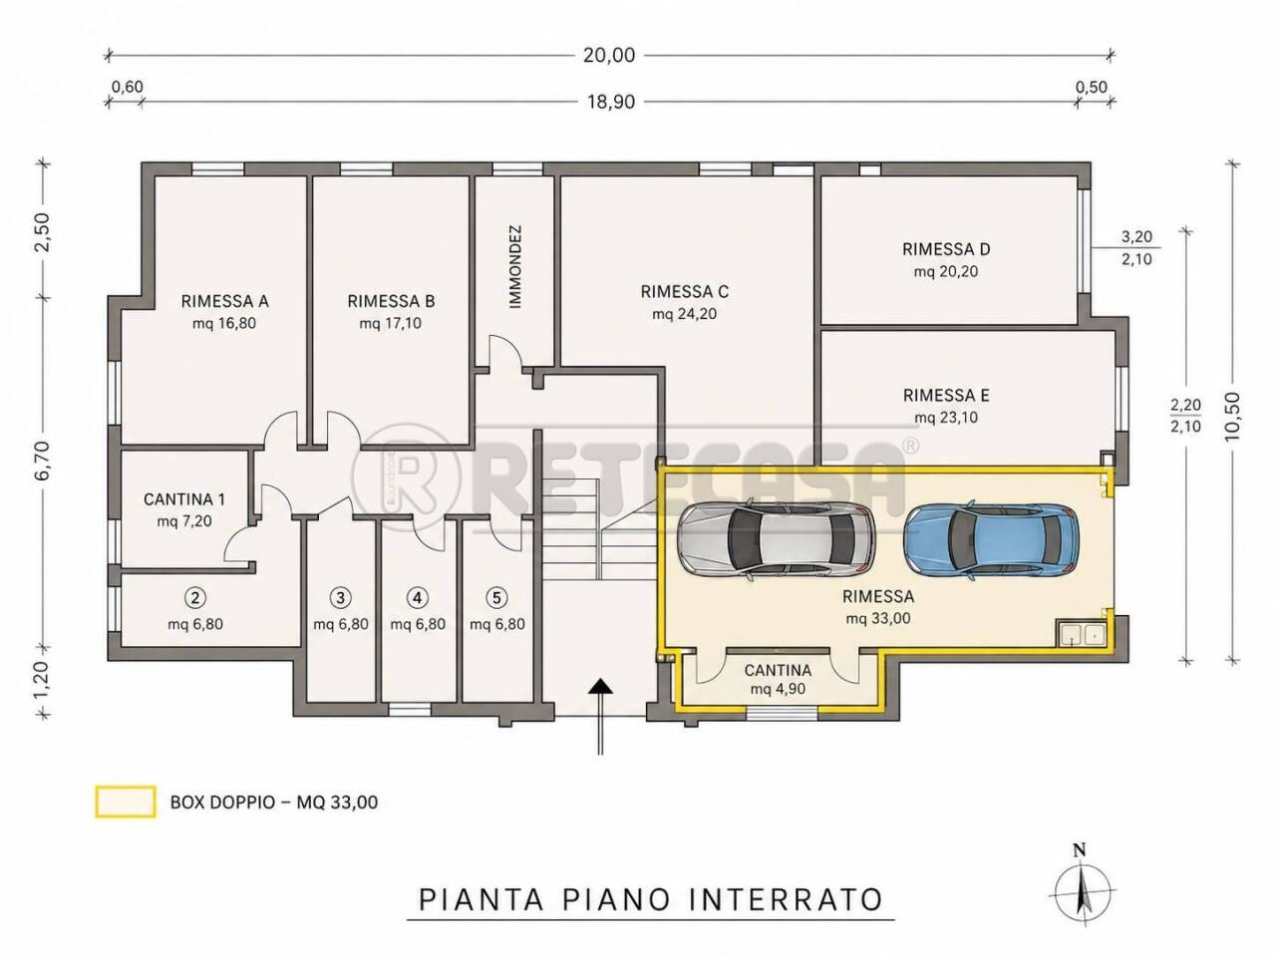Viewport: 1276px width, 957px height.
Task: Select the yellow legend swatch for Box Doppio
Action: point(126,802)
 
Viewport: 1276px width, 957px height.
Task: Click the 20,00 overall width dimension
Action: point(609,55)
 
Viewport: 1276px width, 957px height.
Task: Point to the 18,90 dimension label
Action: point(610,103)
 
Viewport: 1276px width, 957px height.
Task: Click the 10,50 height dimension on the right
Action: point(1231,416)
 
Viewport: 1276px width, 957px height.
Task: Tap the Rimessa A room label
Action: point(225,301)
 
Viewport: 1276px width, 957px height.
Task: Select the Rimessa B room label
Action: point(391,301)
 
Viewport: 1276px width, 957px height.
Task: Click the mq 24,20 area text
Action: point(684,314)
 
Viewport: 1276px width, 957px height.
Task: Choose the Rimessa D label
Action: point(946,249)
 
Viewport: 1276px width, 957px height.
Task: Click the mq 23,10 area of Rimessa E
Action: point(946,418)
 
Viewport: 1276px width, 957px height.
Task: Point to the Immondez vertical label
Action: point(515,267)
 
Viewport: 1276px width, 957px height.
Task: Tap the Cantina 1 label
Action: point(184,499)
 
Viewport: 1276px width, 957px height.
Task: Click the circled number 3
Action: point(341,597)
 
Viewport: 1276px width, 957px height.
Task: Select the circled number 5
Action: point(496,597)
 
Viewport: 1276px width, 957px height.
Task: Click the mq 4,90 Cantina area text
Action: point(778,689)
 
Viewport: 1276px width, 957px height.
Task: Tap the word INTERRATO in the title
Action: point(786,900)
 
